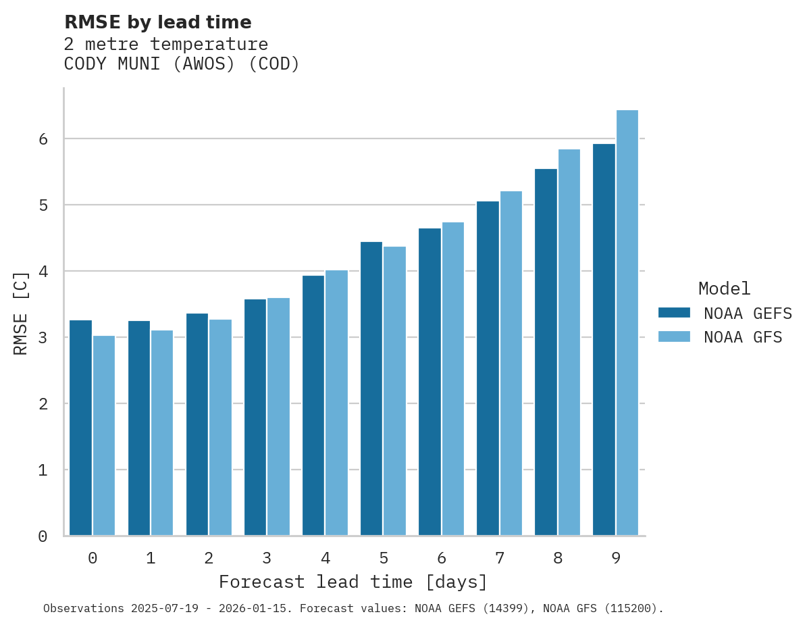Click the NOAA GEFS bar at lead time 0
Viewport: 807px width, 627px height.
pos(81,428)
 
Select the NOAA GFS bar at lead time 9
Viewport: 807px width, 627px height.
pos(627,323)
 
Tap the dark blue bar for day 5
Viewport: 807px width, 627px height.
pos(371,388)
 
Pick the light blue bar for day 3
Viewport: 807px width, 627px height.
pos(278,416)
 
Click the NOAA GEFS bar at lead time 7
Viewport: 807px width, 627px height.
pos(488,368)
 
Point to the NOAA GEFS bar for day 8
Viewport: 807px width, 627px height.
pos(546,352)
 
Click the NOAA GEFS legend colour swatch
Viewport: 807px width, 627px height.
pos(674,312)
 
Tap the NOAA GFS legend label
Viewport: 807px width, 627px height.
pos(743,337)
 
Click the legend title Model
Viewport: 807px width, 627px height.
pos(724,289)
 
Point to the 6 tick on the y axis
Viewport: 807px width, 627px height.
pos(43,139)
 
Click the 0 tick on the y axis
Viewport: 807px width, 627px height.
pos(43,536)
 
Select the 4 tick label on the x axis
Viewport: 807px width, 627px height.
pos(326,558)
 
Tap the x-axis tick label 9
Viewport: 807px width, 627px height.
pos(616,558)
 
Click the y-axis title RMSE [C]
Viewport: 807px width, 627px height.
pos(21,313)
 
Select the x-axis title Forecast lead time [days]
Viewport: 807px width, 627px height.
pos(353,582)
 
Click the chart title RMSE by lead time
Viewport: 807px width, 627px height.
pos(157,22)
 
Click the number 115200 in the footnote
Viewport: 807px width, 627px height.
pos(631,608)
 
